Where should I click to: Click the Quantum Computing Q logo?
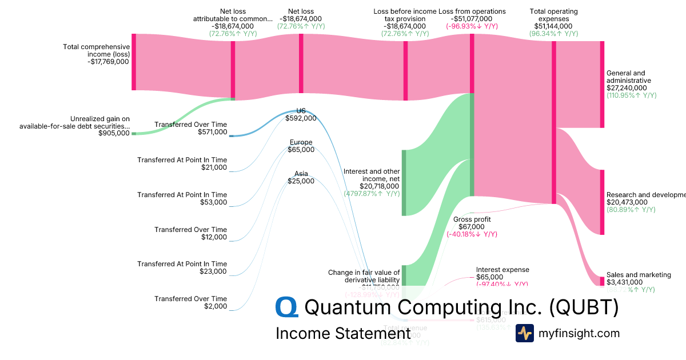click(287, 307)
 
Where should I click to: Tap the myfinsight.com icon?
click(525, 333)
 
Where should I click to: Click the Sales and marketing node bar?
click(602, 281)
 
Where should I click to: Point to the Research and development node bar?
click(602, 202)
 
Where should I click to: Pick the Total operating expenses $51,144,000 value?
click(553, 26)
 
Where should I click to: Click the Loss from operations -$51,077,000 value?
click(472, 19)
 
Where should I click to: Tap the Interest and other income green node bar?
click(404, 183)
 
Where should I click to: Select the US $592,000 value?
click(301, 118)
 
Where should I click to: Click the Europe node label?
click(301, 142)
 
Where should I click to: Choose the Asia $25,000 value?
click(301, 181)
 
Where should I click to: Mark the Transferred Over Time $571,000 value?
click(213, 132)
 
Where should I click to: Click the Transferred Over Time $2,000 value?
click(216, 306)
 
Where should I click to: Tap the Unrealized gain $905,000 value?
click(114, 133)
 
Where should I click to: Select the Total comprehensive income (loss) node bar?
click(134, 62)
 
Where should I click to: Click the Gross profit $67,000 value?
click(472, 226)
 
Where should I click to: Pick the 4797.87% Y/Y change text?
click(371, 194)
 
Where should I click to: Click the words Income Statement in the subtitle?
click(342, 333)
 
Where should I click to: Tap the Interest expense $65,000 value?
click(495, 277)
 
